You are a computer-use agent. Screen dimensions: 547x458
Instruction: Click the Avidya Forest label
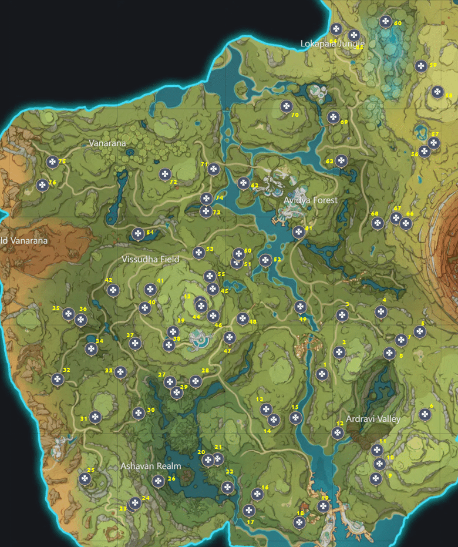311,200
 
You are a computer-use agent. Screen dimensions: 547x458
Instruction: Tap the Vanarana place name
107,143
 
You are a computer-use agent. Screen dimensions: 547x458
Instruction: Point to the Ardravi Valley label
373,419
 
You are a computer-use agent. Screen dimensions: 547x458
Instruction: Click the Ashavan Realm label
151,466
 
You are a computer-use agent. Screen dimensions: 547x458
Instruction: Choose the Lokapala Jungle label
332,43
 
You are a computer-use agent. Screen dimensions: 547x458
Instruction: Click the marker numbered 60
385,22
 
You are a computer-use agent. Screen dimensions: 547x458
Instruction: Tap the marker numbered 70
286,106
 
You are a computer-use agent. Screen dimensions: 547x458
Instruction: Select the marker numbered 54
138,234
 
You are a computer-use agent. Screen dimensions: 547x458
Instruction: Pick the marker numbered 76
42,185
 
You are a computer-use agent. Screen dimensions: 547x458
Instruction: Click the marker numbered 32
58,379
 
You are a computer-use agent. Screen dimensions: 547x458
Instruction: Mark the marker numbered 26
158,481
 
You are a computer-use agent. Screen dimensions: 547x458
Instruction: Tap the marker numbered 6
425,415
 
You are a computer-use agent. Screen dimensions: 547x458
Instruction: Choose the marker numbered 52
265,260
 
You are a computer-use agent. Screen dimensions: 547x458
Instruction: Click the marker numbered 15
295,418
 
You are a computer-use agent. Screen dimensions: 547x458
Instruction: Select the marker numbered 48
243,318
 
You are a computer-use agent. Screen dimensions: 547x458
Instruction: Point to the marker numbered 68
378,223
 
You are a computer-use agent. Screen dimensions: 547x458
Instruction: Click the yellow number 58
449,95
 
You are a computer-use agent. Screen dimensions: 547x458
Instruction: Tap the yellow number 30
150,410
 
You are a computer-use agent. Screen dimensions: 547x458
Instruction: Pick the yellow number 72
173,182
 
